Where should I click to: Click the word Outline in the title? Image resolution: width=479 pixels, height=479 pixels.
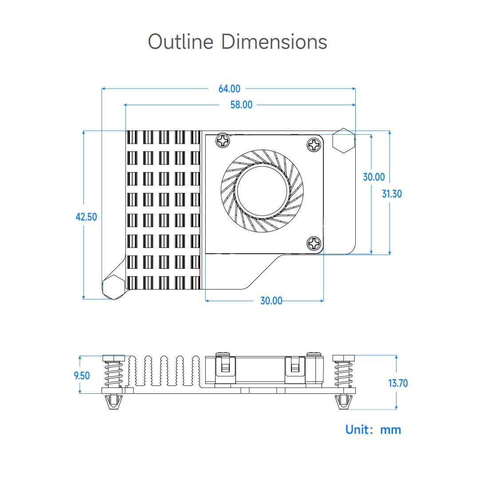click(181, 42)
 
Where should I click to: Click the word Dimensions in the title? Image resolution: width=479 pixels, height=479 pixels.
click(274, 42)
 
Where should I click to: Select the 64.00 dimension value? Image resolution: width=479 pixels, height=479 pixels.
click(229, 89)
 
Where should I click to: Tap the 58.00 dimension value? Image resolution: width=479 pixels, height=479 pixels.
click(241, 105)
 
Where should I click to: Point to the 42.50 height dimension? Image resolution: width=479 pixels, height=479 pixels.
click(86, 217)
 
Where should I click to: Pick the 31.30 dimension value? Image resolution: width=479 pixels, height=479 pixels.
click(392, 194)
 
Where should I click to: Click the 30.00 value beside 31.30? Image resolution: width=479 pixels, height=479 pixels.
click(373, 177)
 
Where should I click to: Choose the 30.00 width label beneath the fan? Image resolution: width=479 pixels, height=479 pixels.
click(271, 301)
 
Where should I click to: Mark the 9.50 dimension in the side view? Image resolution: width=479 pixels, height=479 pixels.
click(82, 376)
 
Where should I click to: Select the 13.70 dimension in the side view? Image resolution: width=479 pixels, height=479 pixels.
click(398, 383)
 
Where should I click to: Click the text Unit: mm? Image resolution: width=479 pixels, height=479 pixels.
click(373, 429)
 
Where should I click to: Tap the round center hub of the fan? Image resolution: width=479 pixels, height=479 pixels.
click(262, 190)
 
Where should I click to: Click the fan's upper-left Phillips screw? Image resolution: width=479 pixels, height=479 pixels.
click(223, 141)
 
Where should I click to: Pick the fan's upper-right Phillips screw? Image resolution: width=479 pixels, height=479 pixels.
click(314, 144)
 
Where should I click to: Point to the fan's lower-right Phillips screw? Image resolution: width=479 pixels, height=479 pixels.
click(314, 243)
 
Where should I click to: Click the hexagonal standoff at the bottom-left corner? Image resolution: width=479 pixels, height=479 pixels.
click(113, 287)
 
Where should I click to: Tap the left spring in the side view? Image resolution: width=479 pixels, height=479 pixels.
click(114, 374)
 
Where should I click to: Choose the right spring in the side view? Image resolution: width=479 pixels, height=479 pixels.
click(343, 374)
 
